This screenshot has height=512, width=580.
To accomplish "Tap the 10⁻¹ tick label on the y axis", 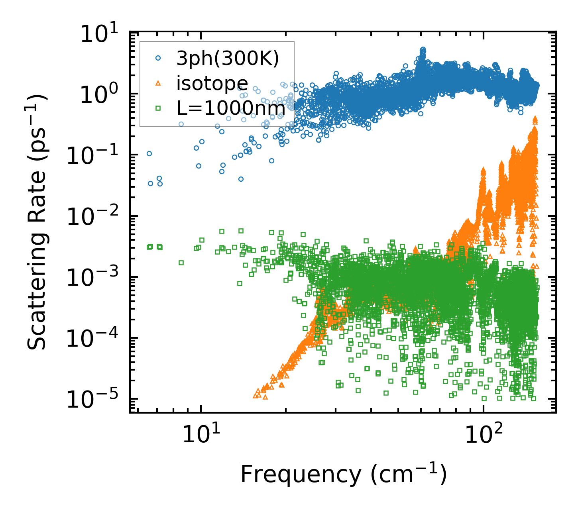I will (97, 156).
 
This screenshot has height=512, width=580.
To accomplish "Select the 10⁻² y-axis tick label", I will (97, 217).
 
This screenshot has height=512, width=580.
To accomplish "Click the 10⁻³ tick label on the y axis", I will (97, 278).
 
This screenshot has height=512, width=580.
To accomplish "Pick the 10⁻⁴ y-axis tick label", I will (97, 339).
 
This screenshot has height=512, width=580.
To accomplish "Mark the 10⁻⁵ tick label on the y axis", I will (97, 400).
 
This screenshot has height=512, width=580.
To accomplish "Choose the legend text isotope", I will (212, 84).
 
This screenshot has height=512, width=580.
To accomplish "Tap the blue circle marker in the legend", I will (158, 58).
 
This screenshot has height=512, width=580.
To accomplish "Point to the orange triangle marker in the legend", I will (158, 83).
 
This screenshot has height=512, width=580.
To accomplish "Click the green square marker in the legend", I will (158, 108).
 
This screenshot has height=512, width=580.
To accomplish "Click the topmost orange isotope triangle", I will (535, 118).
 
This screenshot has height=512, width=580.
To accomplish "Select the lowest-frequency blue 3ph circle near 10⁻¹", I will (149, 153).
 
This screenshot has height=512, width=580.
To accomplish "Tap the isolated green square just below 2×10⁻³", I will (181, 263).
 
